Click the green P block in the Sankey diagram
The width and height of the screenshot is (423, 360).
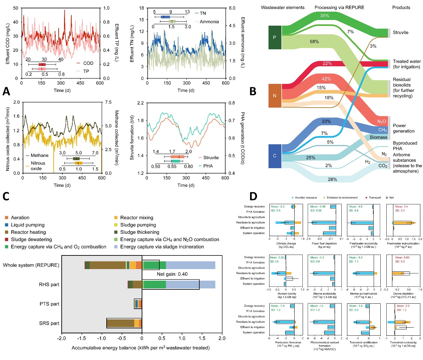[x=275, y=37]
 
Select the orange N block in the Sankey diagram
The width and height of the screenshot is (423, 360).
[x=275, y=96]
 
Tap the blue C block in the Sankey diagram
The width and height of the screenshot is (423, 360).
[x=275, y=156]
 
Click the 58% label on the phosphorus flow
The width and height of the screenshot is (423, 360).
[x=314, y=42]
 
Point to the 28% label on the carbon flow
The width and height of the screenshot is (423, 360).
[x=332, y=180]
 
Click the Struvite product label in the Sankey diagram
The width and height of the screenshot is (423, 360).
[x=400, y=33]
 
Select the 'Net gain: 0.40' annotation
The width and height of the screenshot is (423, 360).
[x=172, y=274]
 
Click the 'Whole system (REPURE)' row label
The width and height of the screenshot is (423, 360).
[x=31, y=265]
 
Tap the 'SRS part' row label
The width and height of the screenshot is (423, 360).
[x=49, y=323]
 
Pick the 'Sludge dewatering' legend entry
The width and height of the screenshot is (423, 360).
[x=31, y=239]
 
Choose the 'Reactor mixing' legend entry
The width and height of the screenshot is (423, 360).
[x=137, y=217]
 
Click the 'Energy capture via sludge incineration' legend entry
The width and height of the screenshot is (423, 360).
[x=162, y=247]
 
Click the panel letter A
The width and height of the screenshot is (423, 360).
[x=6, y=91]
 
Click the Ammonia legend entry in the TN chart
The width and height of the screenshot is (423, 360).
[x=209, y=22]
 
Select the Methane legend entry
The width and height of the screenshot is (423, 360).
[x=39, y=155]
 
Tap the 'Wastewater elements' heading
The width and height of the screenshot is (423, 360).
[x=283, y=7]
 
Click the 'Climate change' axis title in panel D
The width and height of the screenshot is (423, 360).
[x=286, y=243]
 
